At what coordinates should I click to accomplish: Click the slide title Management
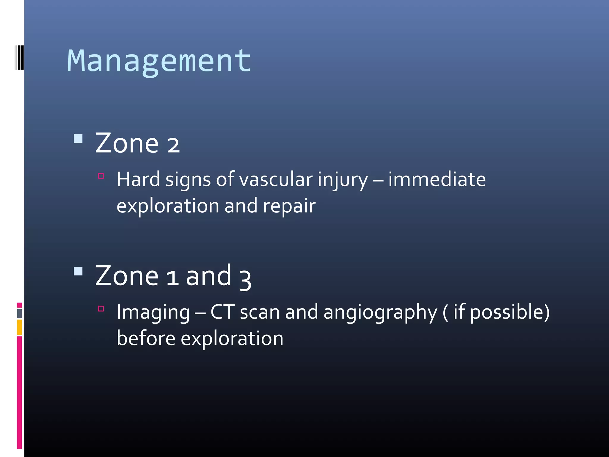[159, 61]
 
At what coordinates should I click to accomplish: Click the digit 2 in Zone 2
[173, 145]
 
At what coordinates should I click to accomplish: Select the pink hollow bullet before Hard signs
[101, 176]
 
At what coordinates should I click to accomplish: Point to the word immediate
[437, 179]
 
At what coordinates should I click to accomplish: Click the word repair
[289, 206]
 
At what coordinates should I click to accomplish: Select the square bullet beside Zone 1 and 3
[78, 271]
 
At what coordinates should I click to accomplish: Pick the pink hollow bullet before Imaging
[101, 309]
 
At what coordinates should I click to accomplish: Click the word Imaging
[153, 312]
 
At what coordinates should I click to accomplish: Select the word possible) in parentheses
[510, 312]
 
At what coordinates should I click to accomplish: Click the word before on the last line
[146, 339]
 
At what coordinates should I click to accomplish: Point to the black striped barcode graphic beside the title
[19, 57]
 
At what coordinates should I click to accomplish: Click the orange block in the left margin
[19, 327]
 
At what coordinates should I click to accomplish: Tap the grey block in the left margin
[19, 313]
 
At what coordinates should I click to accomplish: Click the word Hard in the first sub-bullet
[138, 179]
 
